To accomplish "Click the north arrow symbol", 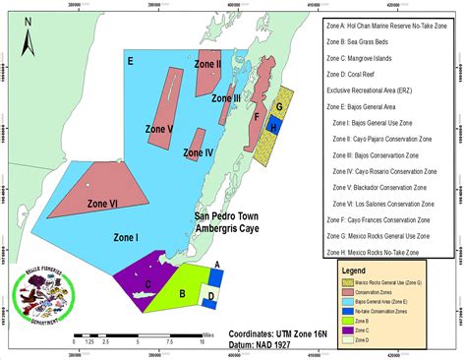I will point(29,45).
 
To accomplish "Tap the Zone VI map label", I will point(103,204).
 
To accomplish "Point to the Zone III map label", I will point(228,99).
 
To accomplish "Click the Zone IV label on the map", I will point(199,153).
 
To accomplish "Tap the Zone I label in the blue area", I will point(127,237).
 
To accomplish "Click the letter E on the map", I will point(131,61).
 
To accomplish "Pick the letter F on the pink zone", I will point(257,116).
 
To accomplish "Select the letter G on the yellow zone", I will point(279,106).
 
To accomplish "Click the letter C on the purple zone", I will point(147,284).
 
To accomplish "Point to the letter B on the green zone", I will point(183,292).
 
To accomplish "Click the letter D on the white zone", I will point(209,295).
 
